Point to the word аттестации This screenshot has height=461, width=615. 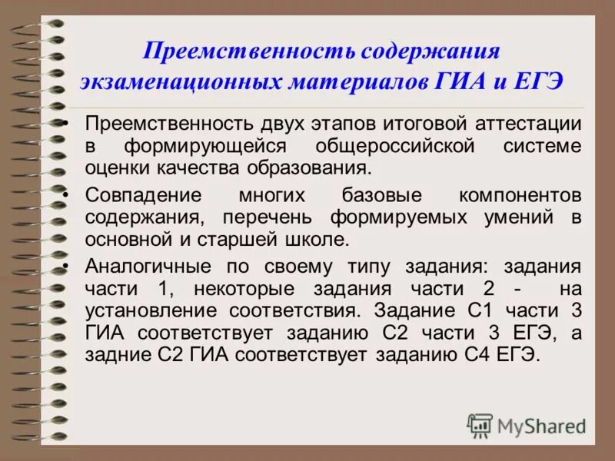coord(524,125)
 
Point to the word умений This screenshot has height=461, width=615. coord(518,217)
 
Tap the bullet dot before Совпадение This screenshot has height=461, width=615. coord(68,196)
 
